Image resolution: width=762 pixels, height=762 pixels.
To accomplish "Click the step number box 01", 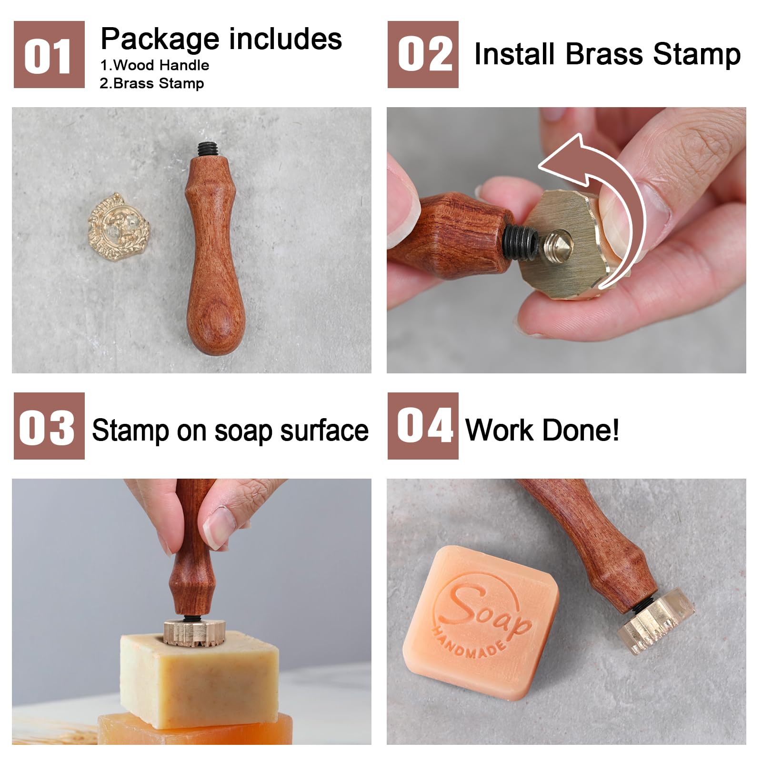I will pyautogui.click(x=49, y=54).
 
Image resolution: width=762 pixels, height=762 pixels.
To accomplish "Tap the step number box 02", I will pyautogui.click(x=423, y=54).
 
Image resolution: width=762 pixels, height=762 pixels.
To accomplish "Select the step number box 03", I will pyautogui.click(x=49, y=426).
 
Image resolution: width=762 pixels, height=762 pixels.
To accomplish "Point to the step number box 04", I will pyautogui.click(x=423, y=426).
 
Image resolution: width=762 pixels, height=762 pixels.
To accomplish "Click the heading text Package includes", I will pyautogui.click(x=221, y=39).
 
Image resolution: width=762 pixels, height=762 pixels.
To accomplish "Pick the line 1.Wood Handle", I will pyautogui.click(x=155, y=65).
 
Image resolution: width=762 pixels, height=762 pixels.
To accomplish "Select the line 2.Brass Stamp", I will pyautogui.click(x=152, y=83).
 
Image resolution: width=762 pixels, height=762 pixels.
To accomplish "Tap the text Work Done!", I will pyautogui.click(x=542, y=430).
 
